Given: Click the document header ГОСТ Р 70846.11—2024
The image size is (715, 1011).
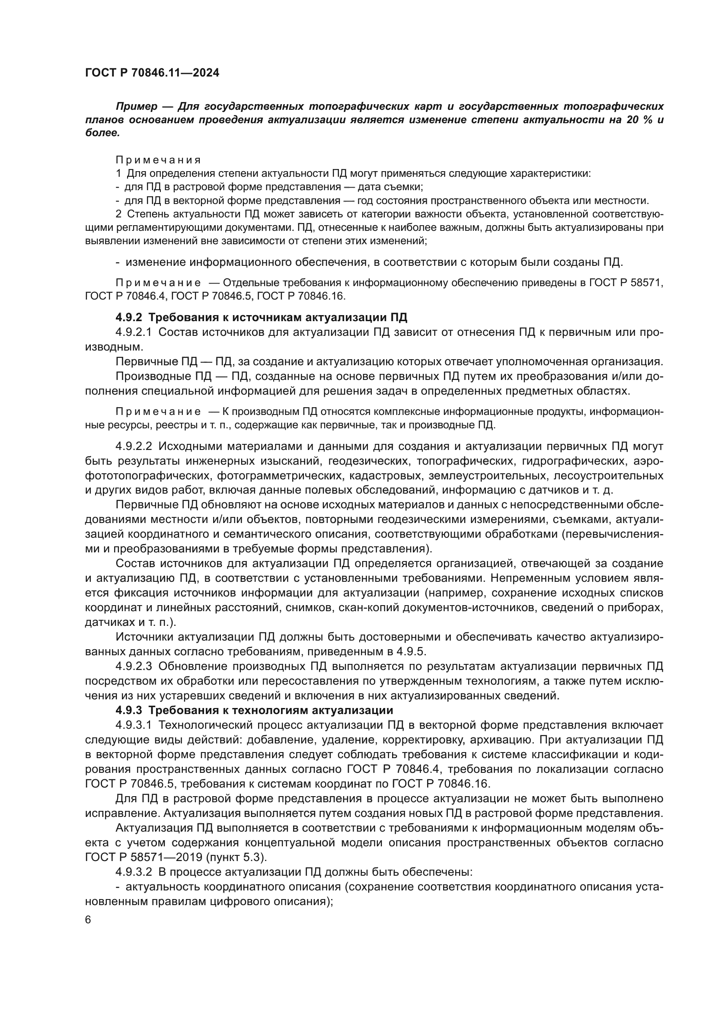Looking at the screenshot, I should (x=152, y=73).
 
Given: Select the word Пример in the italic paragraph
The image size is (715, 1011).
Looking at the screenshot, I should (x=136, y=107).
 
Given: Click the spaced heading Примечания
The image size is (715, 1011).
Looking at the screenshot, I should (x=158, y=160).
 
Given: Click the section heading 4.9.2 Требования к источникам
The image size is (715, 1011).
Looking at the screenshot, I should (x=262, y=317).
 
